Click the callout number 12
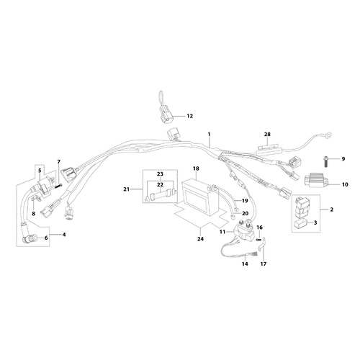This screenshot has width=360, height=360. point(190,116)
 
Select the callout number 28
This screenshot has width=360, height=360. point(267,135)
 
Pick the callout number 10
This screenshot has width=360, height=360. point(345,185)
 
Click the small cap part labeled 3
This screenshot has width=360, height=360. point(301,223)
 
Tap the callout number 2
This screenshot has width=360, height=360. point(332,210)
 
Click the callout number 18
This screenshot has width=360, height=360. point(196,168)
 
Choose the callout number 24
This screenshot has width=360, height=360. point(200,239)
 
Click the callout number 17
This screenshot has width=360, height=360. point(264,264)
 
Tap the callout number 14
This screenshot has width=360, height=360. point(245,264)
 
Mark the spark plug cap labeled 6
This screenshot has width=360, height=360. point(30,238)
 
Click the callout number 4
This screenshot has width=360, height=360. point(64,235)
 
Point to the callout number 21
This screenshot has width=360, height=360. point(127,189)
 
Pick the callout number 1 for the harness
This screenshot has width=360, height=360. point(209,135)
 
